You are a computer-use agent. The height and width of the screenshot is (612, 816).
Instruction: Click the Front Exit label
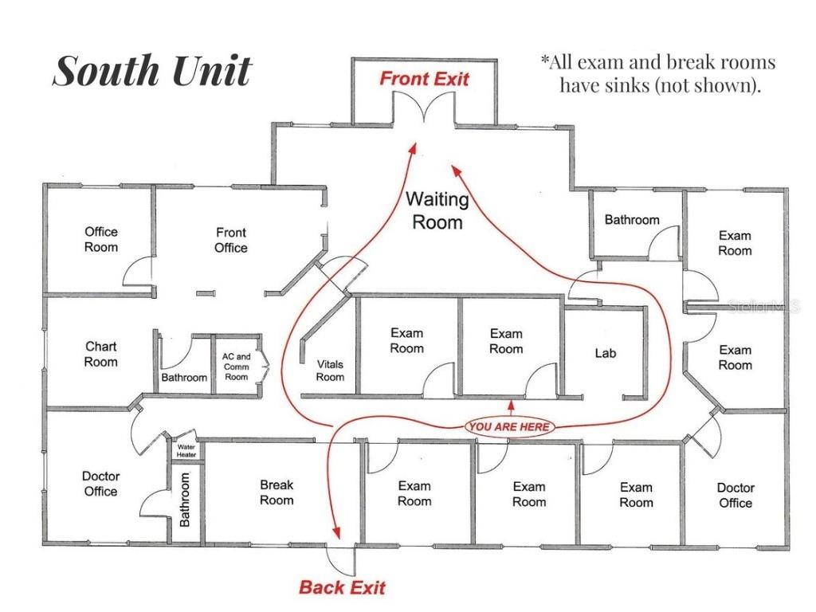point(424,79)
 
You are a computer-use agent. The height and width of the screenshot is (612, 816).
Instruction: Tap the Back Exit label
point(342,588)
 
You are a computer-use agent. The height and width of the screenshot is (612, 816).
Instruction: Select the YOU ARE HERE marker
point(509,427)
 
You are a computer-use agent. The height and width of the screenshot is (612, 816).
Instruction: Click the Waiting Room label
point(437,210)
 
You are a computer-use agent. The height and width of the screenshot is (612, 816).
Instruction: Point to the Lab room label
point(606,353)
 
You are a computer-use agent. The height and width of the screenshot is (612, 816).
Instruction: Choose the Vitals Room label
point(330,371)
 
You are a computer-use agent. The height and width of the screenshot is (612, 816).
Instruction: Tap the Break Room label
point(277,492)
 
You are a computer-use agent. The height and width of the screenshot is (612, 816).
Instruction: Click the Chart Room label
point(101,354)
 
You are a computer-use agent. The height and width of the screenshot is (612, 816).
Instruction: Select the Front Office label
point(230,240)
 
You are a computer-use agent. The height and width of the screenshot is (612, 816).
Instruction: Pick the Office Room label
point(101,239)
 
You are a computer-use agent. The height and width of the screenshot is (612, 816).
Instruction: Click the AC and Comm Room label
point(236,367)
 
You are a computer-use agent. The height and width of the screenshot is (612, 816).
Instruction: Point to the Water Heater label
point(186,451)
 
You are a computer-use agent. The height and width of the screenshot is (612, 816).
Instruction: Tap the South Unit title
point(151,72)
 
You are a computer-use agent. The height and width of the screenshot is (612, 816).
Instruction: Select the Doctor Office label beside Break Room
point(101,484)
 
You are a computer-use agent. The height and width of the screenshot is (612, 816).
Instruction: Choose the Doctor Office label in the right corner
point(736,495)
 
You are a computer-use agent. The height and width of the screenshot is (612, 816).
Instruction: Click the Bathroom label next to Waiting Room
point(632,220)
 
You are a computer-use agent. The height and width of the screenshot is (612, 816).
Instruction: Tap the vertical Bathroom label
point(186,500)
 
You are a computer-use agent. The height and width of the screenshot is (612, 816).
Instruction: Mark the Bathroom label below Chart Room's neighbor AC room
point(184,378)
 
